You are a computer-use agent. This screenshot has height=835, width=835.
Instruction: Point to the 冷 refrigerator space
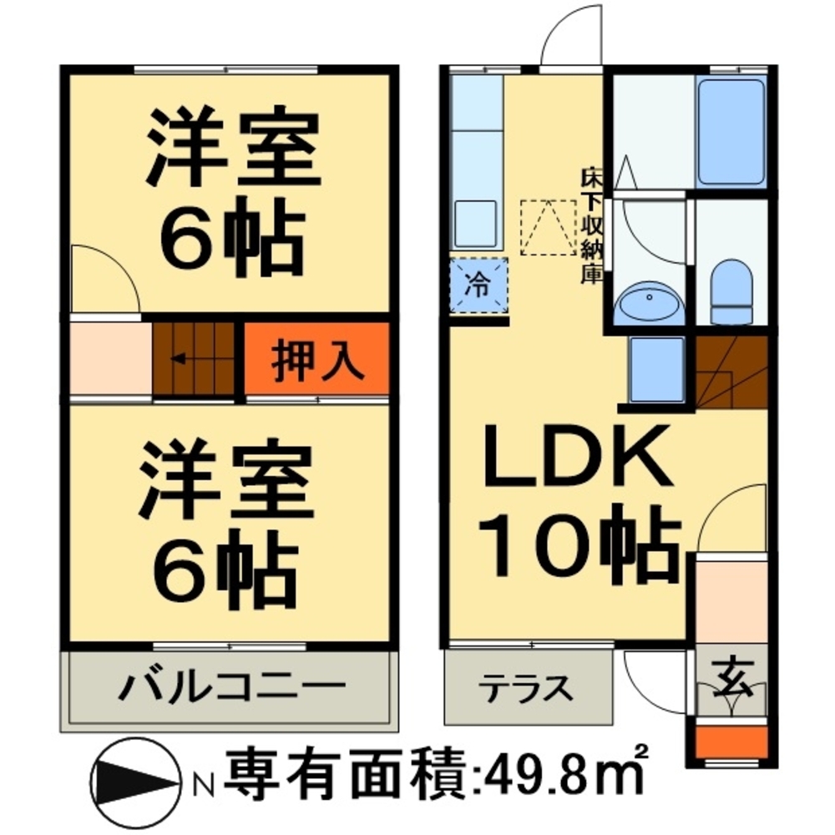tap(478, 285)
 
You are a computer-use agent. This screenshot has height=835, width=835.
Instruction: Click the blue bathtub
tap(731, 131)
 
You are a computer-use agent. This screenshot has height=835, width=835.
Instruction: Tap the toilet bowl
tap(731, 288)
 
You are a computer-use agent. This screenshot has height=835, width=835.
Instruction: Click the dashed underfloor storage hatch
tap(548, 226)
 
